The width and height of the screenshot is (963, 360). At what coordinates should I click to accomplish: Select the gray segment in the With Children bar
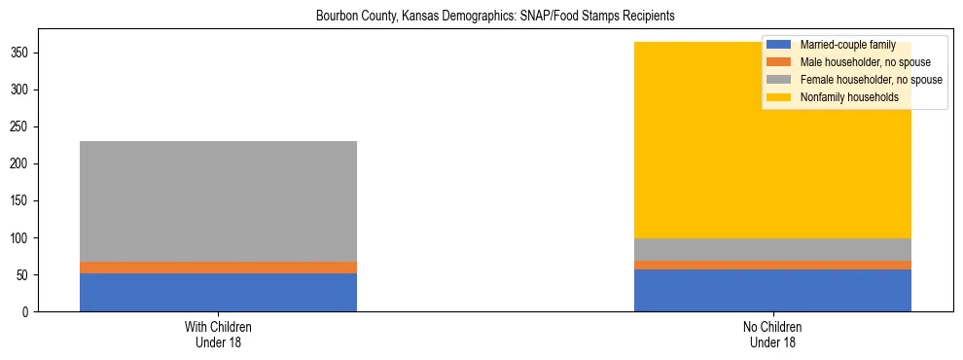218,201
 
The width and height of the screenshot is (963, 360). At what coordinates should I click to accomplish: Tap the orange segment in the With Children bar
218,268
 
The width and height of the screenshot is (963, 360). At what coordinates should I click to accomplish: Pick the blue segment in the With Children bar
218,292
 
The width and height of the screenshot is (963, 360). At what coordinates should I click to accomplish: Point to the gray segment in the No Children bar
772,249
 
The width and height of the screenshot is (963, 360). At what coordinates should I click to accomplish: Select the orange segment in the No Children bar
772,265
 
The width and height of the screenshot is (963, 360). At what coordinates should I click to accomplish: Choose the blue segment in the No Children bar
772,290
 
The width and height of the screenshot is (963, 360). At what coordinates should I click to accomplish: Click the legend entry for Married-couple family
847,45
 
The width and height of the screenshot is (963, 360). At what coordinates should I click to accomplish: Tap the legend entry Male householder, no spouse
865,62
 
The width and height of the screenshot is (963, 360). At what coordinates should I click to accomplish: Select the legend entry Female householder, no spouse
871,80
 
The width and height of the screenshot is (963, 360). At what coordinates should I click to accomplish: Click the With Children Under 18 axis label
218,334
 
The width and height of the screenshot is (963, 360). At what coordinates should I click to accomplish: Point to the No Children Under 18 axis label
772,334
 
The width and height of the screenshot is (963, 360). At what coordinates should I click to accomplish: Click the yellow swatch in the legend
779,97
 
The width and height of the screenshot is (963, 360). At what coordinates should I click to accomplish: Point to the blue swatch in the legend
779,45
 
